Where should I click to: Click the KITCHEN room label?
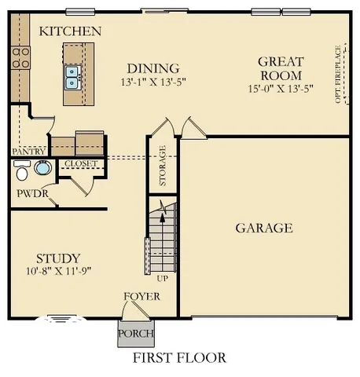pos(70,31)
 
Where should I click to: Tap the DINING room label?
pos(153,68)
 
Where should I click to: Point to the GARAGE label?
pos(264,229)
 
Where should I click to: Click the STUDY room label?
pos(58,258)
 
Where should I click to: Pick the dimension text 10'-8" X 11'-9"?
pos(58,272)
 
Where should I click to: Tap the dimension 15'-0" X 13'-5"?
pos(280,89)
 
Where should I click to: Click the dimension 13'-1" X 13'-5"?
pos(152,82)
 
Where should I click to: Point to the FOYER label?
pos(142,297)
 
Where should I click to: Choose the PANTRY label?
pos(28,151)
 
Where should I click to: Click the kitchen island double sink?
pos(73,76)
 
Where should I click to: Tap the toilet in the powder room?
pos(22,170)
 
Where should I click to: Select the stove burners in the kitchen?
pos(20,57)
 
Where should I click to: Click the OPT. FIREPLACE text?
pos(338,75)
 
